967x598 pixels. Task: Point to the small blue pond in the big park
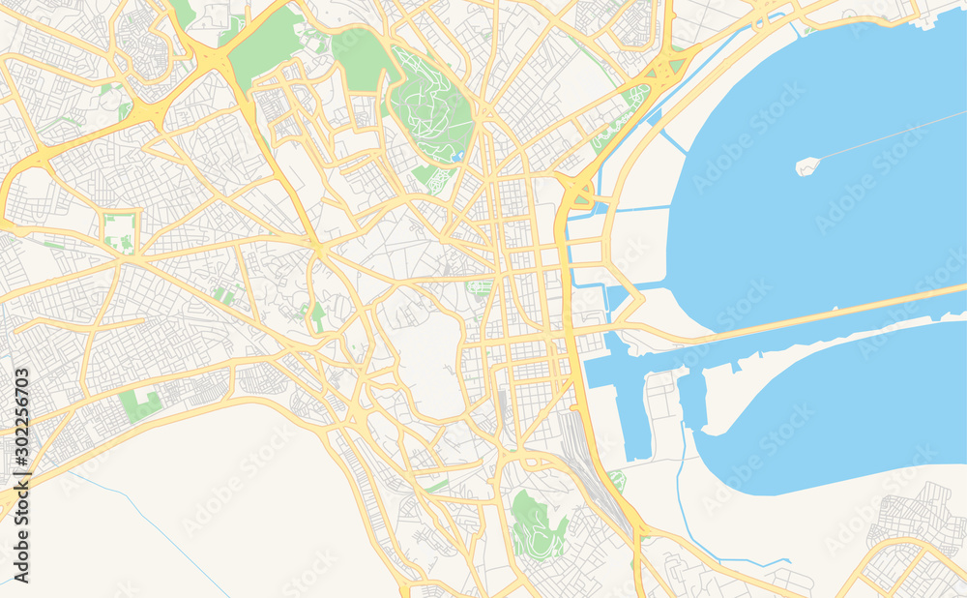click(x=456, y=154)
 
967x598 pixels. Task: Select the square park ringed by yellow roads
click(x=120, y=232)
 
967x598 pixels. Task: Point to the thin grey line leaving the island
click(x=890, y=136)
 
